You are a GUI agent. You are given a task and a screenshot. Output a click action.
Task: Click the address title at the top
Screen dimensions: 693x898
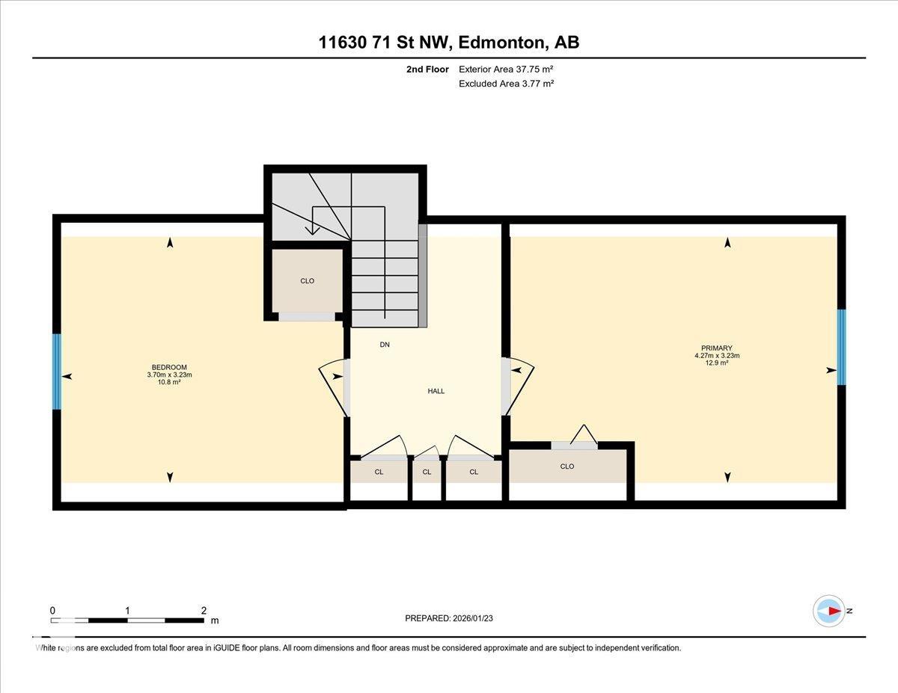[x=449, y=43]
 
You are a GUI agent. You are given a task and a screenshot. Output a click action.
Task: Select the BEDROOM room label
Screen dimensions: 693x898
[x=169, y=367]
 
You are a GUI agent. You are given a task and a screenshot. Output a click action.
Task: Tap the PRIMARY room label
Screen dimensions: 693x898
[x=716, y=348]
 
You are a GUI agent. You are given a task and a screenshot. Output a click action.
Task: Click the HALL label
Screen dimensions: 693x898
[x=436, y=391]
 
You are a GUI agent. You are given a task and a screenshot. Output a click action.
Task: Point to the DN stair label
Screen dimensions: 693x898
[x=385, y=345]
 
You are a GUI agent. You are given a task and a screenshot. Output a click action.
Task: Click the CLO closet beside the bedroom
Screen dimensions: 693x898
[x=307, y=281]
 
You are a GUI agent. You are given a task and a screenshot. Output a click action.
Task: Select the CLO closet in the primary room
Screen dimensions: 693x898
[x=566, y=466]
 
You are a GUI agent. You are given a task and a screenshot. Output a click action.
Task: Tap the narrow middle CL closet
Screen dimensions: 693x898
[x=427, y=472]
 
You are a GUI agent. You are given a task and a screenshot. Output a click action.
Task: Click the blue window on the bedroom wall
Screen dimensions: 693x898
[x=56, y=372]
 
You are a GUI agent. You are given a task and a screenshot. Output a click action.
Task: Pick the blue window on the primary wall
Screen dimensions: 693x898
[x=841, y=347]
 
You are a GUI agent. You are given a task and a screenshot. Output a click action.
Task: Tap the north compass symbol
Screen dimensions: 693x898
[x=829, y=611]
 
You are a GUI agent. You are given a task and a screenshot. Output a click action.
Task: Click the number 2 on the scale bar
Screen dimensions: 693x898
[x=204, y=610]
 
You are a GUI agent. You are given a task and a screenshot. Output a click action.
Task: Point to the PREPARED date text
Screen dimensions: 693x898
[x=449, y=618]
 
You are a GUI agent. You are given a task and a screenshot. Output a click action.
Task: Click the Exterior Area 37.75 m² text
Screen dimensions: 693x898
[x=506, y=70]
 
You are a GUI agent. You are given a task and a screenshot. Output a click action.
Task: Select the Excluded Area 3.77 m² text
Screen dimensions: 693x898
[x=506, y=84]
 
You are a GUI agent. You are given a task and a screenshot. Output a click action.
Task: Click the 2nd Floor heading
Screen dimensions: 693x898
[x=427, y=70]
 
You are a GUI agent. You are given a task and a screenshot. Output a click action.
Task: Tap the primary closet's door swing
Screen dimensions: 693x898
[x=584, y=435]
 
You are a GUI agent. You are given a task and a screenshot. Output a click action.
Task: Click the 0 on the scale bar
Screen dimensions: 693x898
[x=52, y=610]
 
